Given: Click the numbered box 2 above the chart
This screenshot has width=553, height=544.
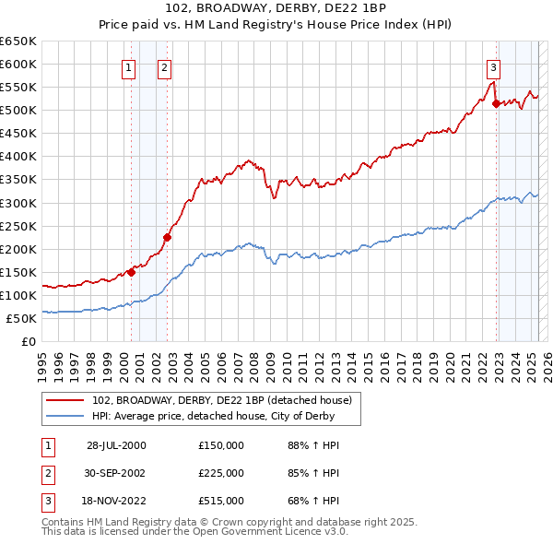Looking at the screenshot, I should [x=163, y=66].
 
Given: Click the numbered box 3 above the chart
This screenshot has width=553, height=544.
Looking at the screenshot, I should [x=493, y=66].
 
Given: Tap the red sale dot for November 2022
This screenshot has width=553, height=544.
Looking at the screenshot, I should [x=496, y=103].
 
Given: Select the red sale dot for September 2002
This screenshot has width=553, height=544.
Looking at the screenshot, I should [x=168, y=237].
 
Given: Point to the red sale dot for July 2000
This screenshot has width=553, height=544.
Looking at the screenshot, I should [x=132, y=272].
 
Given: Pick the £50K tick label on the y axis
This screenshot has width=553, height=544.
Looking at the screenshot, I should [x=22, y=318].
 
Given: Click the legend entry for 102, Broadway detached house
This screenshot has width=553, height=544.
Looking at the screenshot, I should [x=222, y=400].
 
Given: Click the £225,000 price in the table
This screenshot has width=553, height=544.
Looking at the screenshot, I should [x=221, y=473].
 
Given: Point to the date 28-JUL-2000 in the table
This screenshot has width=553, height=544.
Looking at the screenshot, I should [x=116, y=445].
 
